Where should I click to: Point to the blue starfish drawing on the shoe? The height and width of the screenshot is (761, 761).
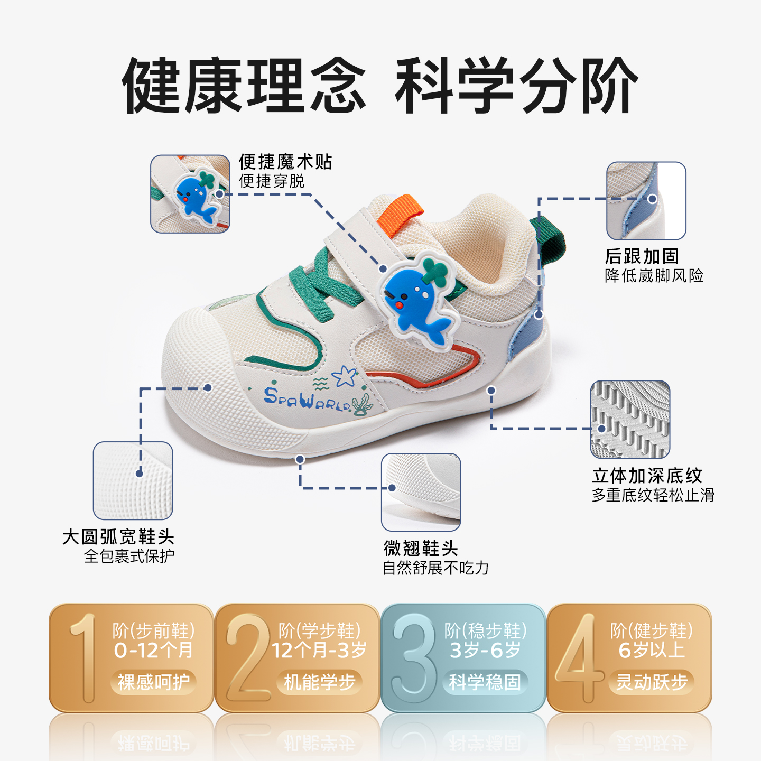coord(345,376)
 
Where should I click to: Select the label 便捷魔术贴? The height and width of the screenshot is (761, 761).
coord(285,162)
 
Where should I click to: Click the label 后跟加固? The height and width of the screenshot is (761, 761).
coord(642,256)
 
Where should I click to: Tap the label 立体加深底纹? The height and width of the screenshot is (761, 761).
coord(647,476)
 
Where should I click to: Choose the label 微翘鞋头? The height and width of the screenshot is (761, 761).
coord(421,548)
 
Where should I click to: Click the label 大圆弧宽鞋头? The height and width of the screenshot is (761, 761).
coord(118,537)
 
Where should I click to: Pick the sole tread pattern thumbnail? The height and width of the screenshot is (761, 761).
coord(630,419)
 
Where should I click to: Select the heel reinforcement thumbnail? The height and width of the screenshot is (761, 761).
coord(646,201)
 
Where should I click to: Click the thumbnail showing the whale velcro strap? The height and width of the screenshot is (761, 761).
coord(190,194)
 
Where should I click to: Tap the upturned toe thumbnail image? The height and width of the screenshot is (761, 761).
coord(421,492)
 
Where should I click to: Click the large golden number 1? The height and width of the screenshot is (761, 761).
coord(83,658)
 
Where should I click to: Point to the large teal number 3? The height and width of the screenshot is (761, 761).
coord(414,658)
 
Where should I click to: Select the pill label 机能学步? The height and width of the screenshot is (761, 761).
coord(319,682)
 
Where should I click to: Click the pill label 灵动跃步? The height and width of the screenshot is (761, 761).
coord(652,682)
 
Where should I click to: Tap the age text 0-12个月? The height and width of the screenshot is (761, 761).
coord(153,650)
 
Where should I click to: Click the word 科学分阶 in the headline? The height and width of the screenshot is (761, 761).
coord(516,86)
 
